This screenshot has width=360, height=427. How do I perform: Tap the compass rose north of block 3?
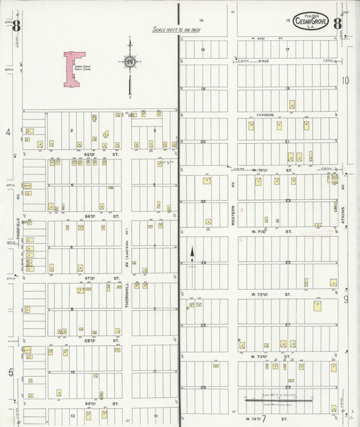[129, 62]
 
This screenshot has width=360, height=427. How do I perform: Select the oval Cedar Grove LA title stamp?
[311, 22]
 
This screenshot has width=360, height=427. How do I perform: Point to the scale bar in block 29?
[278, 400]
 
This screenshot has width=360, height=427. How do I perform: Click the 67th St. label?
[93, 278]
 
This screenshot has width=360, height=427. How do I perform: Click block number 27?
[287, 325]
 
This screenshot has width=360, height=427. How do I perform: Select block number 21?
[287, 142]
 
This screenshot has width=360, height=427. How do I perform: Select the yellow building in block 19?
[292, 105]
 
